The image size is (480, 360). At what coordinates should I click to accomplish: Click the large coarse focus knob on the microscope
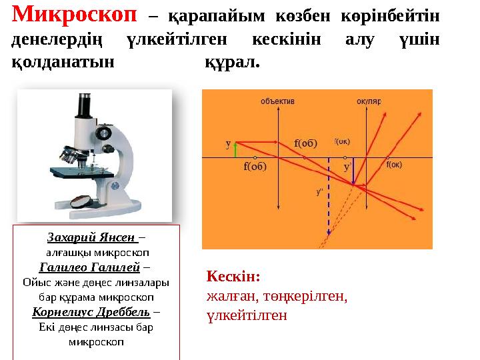pos(104,133)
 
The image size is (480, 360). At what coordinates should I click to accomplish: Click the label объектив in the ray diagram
pos(277,101)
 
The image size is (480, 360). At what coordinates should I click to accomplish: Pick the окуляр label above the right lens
pos(368,101)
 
